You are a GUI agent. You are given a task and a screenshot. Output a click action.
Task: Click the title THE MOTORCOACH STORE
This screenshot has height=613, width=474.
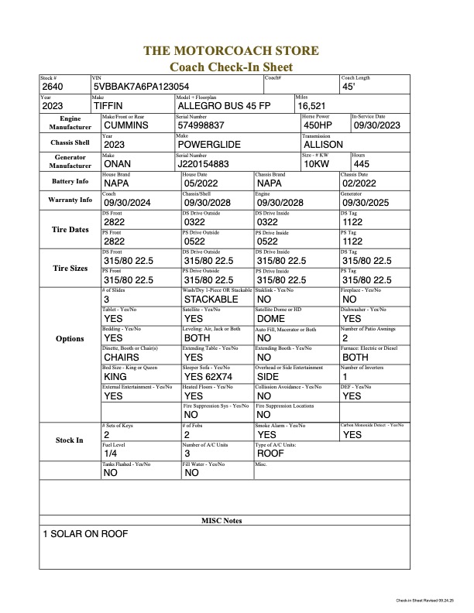tap(231, 51)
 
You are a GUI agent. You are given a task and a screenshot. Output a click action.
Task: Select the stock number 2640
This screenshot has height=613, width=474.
tap(53, 87)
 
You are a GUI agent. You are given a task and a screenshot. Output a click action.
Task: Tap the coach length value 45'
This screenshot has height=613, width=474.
tap(348, 87)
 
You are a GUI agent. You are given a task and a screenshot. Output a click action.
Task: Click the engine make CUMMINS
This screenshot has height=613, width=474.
tap(126, 125)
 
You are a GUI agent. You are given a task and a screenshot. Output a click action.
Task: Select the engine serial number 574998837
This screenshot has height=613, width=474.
tap(201, 125)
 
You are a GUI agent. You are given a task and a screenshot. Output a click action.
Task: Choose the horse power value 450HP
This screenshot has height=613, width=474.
tap(318, 125)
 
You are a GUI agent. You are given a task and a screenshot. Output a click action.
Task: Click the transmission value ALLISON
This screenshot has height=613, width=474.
tap(322, 144)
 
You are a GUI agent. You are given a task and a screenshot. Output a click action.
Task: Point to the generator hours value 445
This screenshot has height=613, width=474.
tap(361, 163)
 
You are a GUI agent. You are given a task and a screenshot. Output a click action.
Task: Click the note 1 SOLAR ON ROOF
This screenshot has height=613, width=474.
tap(85, 534)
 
